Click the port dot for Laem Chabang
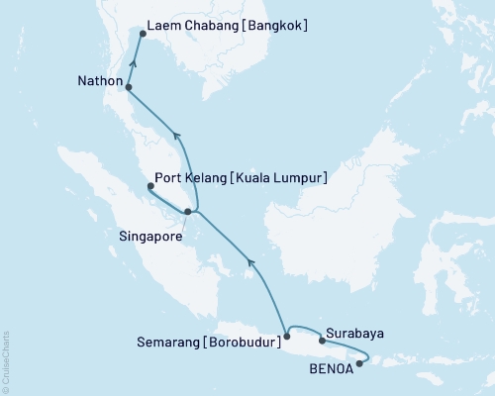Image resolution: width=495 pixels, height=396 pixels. click(142, 34)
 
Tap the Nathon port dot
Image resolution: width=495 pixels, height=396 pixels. click(129, 88)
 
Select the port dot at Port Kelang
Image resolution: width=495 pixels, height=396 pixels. click(149, 186)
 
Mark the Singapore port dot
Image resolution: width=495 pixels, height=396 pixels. click(188, 212)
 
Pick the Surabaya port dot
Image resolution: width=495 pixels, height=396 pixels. click(322, 341)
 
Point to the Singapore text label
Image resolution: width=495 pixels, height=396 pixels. click(150, 238)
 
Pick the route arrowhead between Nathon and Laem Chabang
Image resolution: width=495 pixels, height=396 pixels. click(134, 65)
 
